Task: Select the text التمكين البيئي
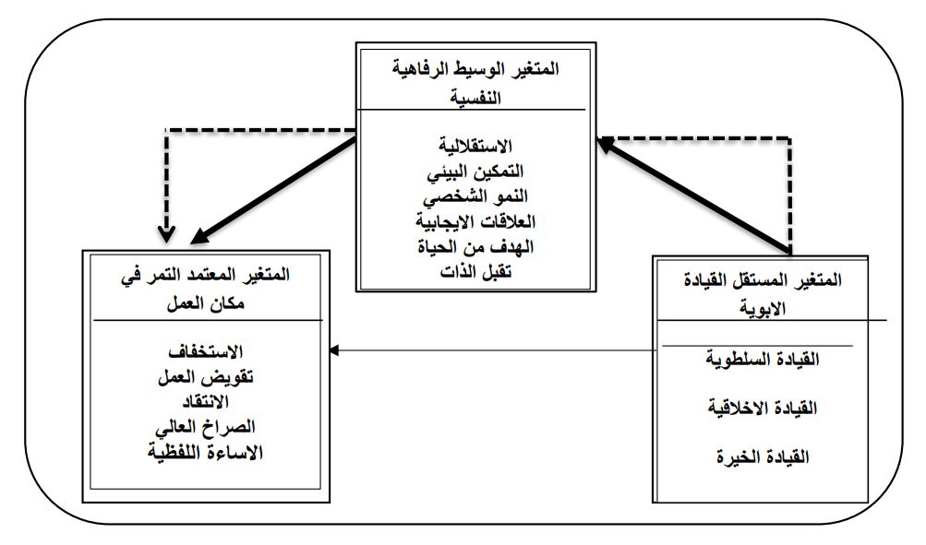coord(472,172)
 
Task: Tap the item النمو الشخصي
coord(472,196)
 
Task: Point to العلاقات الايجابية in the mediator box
coord(472,221)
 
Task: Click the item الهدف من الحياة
coord(472,246)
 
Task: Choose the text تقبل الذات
coord(472,270)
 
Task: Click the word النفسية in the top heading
coord(472,97)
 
